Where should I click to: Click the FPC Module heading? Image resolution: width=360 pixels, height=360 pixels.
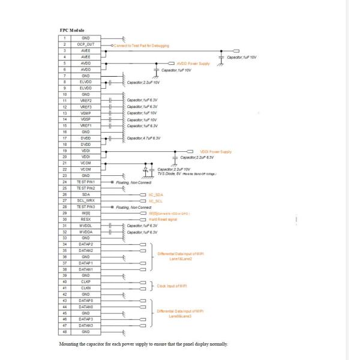(x=72, y=30)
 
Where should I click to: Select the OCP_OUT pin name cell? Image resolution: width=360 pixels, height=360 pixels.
(x=85, y=44)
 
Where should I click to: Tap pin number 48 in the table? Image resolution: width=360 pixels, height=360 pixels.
(x=64, y=331)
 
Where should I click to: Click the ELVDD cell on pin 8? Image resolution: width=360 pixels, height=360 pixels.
(x=85, y=82)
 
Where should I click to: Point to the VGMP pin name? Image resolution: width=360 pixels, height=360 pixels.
(x=85, y=113)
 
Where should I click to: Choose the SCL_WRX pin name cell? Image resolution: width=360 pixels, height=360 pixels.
(x=85, y=200)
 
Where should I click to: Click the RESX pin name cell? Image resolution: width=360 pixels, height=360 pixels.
(x=85, y=219)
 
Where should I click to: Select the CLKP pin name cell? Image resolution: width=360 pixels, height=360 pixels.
(x=85, y=281)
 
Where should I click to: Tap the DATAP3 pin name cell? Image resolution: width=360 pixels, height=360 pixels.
(x=85, y=319)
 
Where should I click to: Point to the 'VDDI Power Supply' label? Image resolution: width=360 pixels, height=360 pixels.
(x=215, y=151)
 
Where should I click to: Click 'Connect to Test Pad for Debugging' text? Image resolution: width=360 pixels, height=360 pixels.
(x=141, y=45)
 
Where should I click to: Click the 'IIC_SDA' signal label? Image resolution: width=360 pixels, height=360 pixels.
(x=155, y=194)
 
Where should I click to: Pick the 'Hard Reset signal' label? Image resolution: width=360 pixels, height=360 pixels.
(x=163, y=219)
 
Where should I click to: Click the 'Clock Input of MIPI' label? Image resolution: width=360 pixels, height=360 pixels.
(x=172, y=286)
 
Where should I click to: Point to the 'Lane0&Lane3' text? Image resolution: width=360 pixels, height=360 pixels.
(x=180, y=316)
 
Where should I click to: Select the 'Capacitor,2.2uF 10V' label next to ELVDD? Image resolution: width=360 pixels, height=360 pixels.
(x=143, y=82)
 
